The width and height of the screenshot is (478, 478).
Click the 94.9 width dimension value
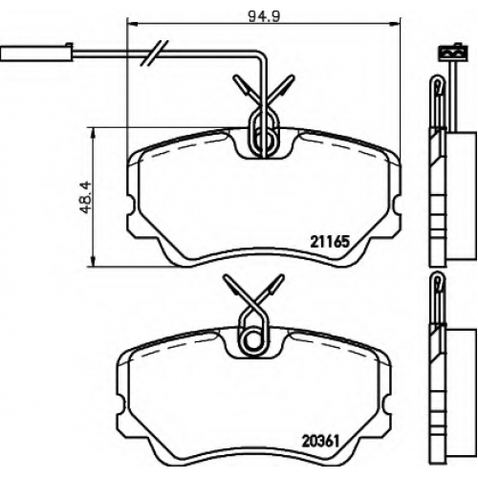[x=264, y=16]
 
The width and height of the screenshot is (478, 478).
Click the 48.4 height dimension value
[x=85, y=198]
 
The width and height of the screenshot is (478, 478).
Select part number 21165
[x=330, y=242]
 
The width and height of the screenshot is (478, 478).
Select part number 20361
[x=321, y=442]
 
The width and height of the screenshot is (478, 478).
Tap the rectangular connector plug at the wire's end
[x=37, y=53]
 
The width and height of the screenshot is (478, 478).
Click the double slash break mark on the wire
[x=154, y=54]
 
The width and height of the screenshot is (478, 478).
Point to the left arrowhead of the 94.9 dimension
[x=132, y=23]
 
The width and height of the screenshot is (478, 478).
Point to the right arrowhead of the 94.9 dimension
[x=395, y=23]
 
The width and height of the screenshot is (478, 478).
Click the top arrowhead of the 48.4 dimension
[x=93, y=133]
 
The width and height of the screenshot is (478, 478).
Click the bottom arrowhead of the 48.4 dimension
[x=93, y=261]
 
